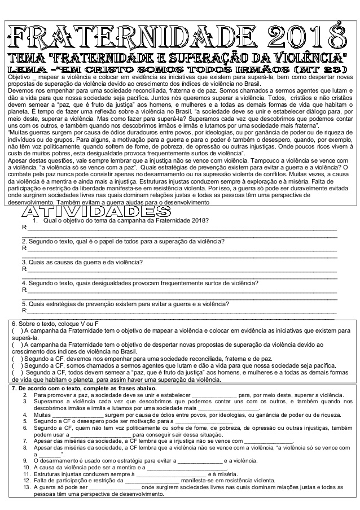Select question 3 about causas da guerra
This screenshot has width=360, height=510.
point(82,262)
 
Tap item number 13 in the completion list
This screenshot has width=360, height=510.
point(26,487)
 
